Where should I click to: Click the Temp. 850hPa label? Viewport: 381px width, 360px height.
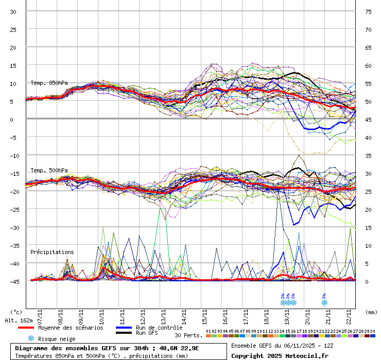(49, 83)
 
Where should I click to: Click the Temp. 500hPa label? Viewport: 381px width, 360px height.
(49, 170)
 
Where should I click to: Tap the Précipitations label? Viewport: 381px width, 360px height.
(52, 252)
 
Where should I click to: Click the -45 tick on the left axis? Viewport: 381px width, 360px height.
(13, 281)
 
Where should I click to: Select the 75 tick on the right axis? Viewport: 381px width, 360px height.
(368, 12)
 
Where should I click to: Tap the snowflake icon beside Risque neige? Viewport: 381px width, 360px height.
(31, 338)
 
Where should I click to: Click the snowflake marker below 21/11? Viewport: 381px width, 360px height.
(324, 302)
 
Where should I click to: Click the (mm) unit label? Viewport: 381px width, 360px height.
(371, 312)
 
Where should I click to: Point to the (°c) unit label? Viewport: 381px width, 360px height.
(16, 312)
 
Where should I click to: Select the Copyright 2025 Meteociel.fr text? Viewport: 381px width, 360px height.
(280, 355)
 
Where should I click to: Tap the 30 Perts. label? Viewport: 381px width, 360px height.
(188, 335)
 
